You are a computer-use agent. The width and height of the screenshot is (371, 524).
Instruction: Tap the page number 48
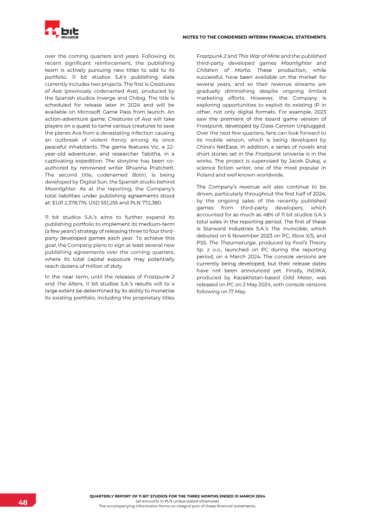coord(23,503)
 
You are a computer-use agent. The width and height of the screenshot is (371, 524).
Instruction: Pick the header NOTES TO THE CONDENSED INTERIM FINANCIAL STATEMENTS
coord(254,37)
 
